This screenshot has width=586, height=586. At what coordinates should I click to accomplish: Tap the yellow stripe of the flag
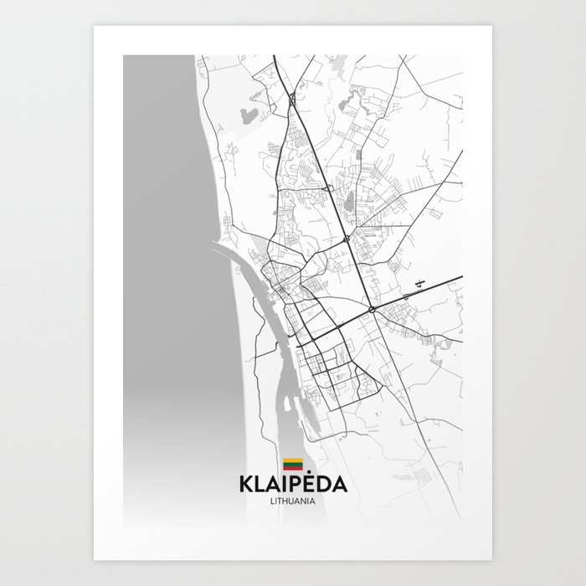[292, 460]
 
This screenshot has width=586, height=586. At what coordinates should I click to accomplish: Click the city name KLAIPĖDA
[292, 486]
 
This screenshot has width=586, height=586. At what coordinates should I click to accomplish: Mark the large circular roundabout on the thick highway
[371, 311]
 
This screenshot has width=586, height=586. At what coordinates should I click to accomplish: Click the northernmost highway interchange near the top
[290, 99]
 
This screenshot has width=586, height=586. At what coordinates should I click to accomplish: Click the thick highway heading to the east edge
[435, 284]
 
